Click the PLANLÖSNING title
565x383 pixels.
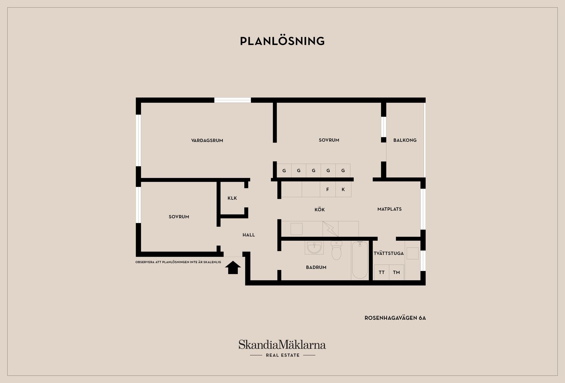point(282,41)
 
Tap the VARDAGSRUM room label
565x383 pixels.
point(207,141)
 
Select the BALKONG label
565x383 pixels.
point(405,140)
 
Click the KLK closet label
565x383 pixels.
point(232,198)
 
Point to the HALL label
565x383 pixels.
point(249,235)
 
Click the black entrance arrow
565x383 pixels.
point(233,267)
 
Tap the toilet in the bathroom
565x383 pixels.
point(336,250)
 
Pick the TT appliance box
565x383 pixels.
point(382,272)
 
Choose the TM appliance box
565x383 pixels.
point(396,272)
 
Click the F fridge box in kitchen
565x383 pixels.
point(328,189)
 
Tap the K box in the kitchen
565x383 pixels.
point(343,189)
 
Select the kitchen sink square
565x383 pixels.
point(296,229)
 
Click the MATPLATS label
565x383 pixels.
point(390,209)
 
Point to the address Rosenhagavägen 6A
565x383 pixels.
point(395,318)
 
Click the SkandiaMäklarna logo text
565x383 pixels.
point(282,345)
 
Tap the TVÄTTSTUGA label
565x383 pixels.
point(389,253)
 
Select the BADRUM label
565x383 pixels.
point(316,267)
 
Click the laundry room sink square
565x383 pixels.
point(413,253)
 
